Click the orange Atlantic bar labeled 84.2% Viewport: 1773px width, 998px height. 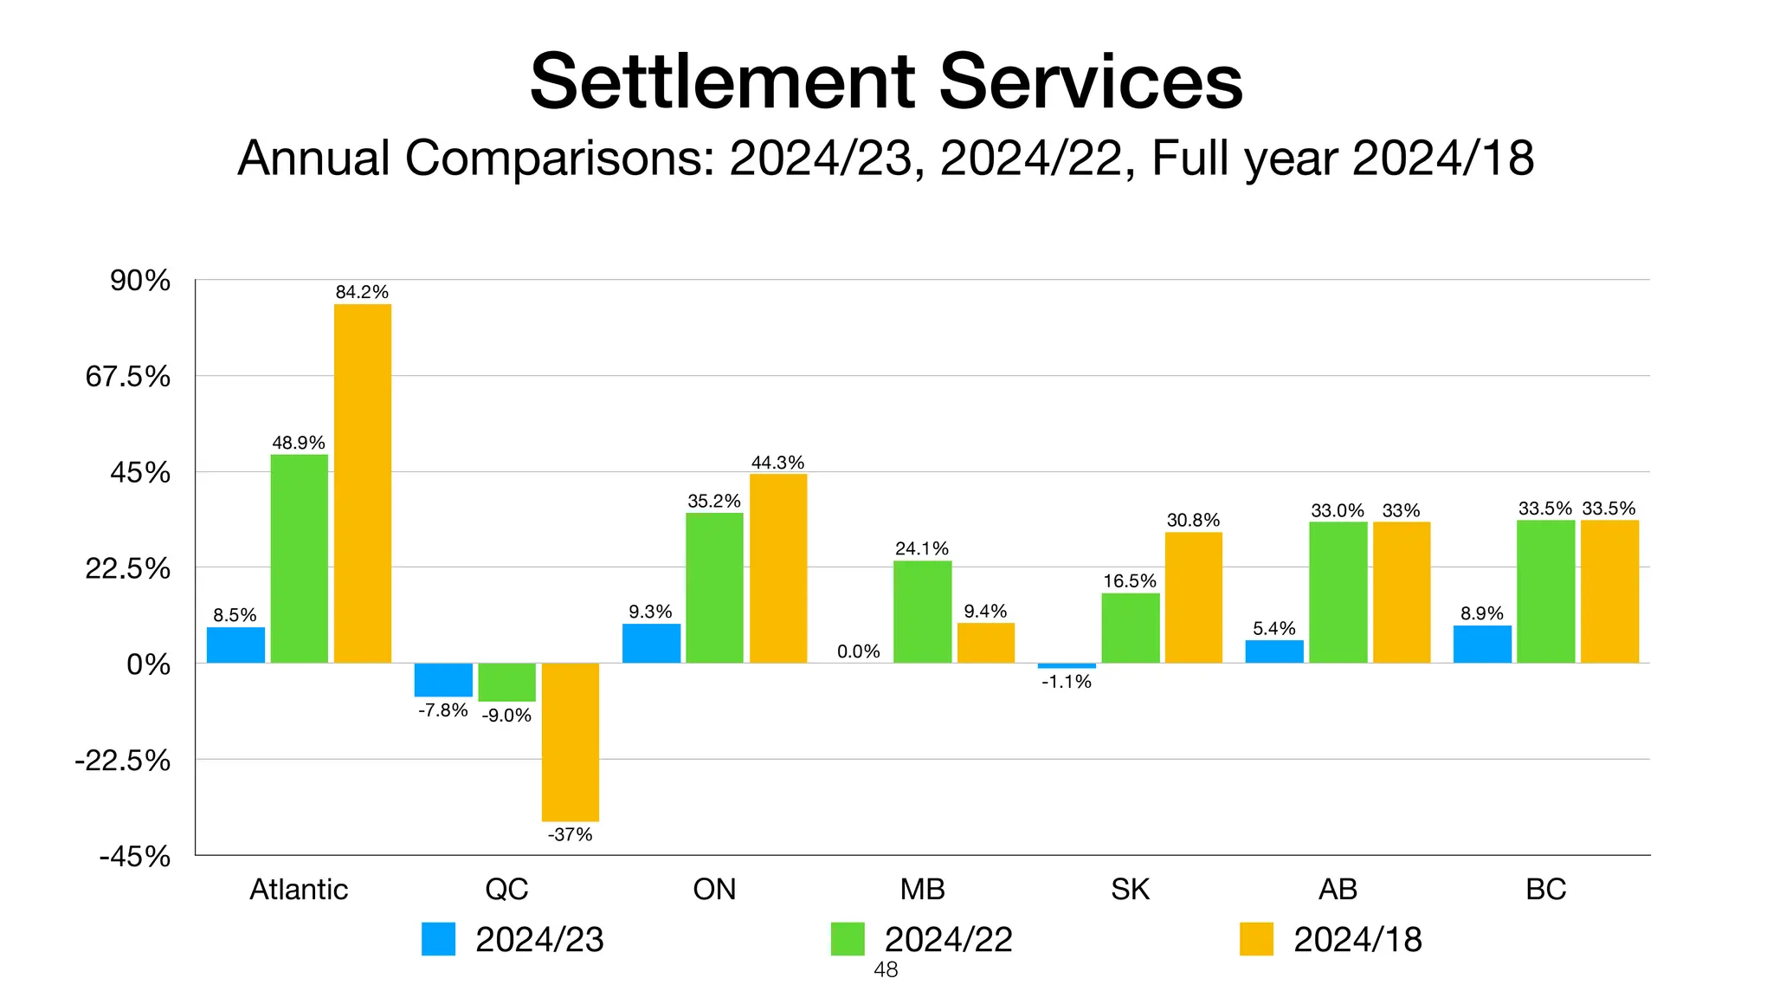[362, 483]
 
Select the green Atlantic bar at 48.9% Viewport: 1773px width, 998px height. [299, 559]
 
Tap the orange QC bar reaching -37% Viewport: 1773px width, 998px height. [570, 742]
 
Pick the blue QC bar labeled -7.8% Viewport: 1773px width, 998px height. [443, 680]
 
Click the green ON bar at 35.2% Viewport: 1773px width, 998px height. [714, 588]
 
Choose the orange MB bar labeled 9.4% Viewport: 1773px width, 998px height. [985, 643]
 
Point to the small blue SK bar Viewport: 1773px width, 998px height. [1067, 665]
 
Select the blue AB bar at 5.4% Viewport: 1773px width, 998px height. [1274, 651]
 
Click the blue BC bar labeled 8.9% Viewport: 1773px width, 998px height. [1482, 645]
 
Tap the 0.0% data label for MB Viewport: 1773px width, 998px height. [858, 651]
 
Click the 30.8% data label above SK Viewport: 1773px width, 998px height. [1193, 520]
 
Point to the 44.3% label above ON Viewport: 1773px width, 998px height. [777, 463]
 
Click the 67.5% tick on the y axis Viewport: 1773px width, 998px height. [128, 377]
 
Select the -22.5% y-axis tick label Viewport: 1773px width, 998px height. [123, 761]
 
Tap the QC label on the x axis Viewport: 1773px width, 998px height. [506, 889]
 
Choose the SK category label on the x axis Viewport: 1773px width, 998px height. [1130, 889]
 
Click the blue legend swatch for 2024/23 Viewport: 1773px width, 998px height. [438, 939]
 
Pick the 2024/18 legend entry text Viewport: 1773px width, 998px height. [1357, 940]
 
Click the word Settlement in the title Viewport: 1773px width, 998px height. [722, 81]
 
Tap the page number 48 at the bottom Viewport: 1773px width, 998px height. [886, 970]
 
